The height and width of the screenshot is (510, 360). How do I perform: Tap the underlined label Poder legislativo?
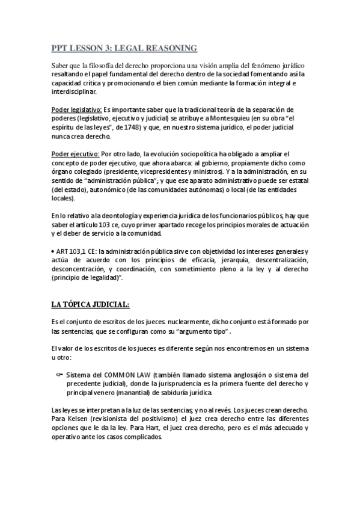(x=76, y=110)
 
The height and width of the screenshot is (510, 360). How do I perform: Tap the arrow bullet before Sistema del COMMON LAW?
(x=59, y=374)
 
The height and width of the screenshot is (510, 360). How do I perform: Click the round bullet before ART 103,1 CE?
(x=52, y=251)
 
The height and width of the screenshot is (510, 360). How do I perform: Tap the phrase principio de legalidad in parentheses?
(x=85, y=278)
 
